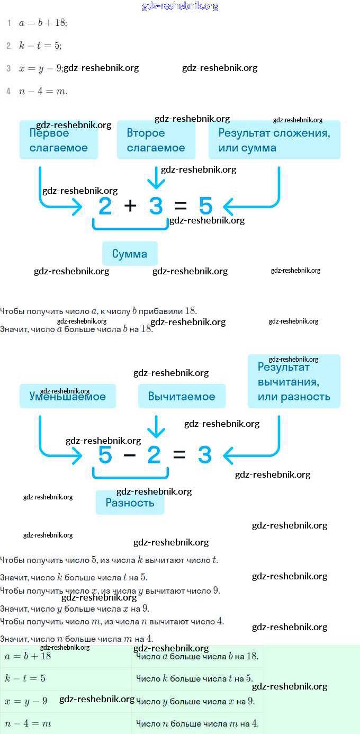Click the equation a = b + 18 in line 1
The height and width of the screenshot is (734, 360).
tap(43, 23)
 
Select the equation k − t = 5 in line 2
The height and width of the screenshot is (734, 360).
tap(40, 46)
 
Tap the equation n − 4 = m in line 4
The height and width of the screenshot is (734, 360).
tap(43, 92)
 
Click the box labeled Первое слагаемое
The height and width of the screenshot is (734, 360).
tap(59, 140)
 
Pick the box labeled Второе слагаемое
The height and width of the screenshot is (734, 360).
tap(156, 140)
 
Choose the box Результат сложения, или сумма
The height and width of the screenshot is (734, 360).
tap(274, 140)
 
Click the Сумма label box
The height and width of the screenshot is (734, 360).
tap(130, 254)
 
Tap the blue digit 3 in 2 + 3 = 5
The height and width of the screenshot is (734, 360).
tap(156, 205)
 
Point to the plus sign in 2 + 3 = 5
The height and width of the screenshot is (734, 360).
tap(130, 205)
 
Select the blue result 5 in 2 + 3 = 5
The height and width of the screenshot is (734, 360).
tap(205, 205)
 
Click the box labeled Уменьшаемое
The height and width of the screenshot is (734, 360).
tap(68, 396)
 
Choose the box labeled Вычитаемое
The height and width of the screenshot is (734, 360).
tap(182, 396)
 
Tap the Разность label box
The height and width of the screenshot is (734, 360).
tap(130, 503)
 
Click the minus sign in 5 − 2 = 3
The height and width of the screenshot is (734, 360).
tap(130, 455)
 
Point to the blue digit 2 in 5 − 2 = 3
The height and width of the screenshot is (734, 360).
tap(154, 455)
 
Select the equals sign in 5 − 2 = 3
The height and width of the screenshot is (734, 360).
tap(179, 455)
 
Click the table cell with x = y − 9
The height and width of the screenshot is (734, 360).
tap(66, 701)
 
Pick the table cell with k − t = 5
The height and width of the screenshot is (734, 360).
tap(66, 678)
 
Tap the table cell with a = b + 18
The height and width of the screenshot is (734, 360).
tap(66, 656)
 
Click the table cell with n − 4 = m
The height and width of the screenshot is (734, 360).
tap(66, 723)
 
